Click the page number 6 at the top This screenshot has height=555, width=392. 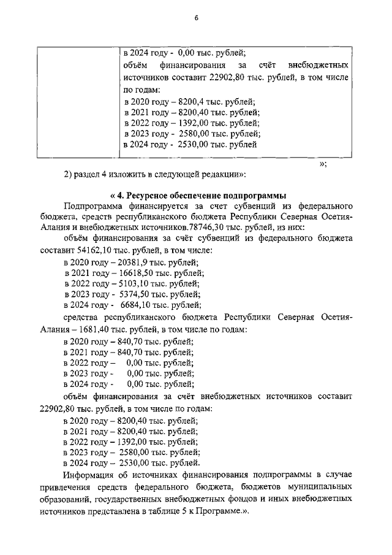point(196,18)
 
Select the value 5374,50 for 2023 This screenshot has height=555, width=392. point(134,294)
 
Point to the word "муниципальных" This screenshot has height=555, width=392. point(320,487)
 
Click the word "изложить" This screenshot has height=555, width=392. point(125,174)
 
